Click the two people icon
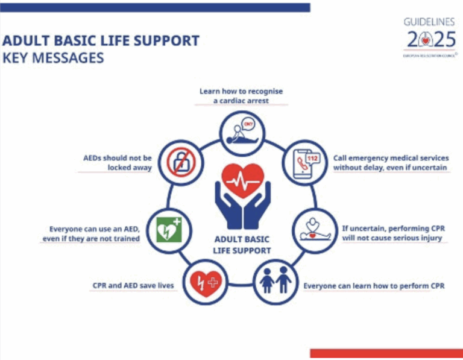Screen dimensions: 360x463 pos(275,281)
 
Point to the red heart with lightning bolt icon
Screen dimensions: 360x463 pos(204,282)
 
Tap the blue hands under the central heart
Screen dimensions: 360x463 pos(242,208)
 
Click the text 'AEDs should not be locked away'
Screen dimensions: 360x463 pos(118,163)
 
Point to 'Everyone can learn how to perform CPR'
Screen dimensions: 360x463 pos(374,285)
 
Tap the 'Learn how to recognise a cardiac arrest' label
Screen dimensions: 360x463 pos(241,96)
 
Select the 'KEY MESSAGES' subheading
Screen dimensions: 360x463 pos(53,58)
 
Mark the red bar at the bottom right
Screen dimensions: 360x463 pos(386,353)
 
